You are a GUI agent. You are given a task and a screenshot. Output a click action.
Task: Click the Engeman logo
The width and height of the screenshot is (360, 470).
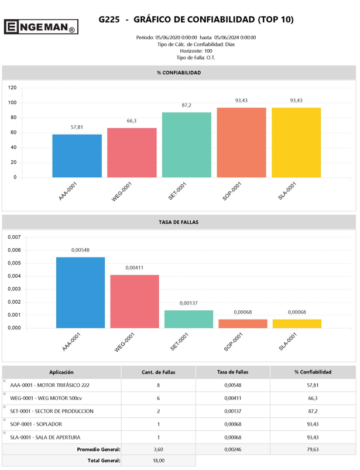pos(40,26)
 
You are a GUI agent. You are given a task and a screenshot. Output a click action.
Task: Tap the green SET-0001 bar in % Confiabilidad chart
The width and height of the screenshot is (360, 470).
pos(187,145)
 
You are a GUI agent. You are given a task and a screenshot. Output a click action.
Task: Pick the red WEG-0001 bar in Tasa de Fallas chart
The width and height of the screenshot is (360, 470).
pos(134,301)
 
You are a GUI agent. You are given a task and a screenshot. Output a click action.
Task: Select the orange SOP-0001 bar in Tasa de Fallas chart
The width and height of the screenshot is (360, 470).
pos(242,324)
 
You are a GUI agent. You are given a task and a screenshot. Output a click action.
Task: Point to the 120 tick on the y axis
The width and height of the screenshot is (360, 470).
pos(12,88)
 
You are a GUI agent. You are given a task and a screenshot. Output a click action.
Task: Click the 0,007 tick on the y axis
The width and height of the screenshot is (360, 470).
pos(14,238)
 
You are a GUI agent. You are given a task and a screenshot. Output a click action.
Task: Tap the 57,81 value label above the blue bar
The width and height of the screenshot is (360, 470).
pos(77,127)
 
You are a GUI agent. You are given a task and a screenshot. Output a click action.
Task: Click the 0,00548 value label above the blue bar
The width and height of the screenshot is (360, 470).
pos(80,250)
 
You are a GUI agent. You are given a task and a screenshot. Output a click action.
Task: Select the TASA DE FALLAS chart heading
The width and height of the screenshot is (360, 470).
pos(179,222)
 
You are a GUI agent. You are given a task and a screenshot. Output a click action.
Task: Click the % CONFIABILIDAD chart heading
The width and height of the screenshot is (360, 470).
pos(179,73)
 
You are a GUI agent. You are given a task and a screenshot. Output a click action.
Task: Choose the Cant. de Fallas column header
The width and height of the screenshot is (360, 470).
pos(158,372)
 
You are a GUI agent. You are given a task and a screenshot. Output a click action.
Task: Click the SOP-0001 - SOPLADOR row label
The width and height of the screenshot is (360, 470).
pos(36,424)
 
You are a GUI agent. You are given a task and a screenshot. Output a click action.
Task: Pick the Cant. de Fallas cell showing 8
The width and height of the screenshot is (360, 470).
pos(158,385)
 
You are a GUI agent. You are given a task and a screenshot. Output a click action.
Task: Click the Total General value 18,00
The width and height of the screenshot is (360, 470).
pos(158,461)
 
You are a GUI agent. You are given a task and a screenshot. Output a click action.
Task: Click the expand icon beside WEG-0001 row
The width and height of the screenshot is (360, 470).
pos(5,394)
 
